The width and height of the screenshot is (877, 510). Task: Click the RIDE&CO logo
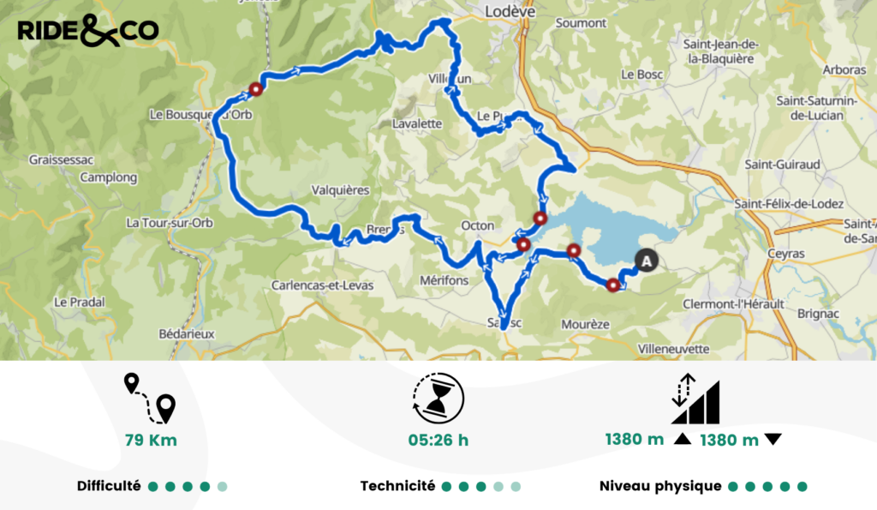[87, 31]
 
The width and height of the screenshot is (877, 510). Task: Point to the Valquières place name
[340, 190]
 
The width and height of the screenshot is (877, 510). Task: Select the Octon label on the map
[478, 225]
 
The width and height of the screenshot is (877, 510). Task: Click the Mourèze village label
[584, 325]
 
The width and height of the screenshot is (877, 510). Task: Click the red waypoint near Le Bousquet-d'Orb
[255, 88]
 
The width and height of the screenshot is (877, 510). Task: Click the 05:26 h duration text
[438, 441]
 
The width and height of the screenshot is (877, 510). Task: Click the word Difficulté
[109, 486]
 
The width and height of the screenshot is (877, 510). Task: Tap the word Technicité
[397, 486]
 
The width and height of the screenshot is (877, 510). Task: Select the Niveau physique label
[660, 486]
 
